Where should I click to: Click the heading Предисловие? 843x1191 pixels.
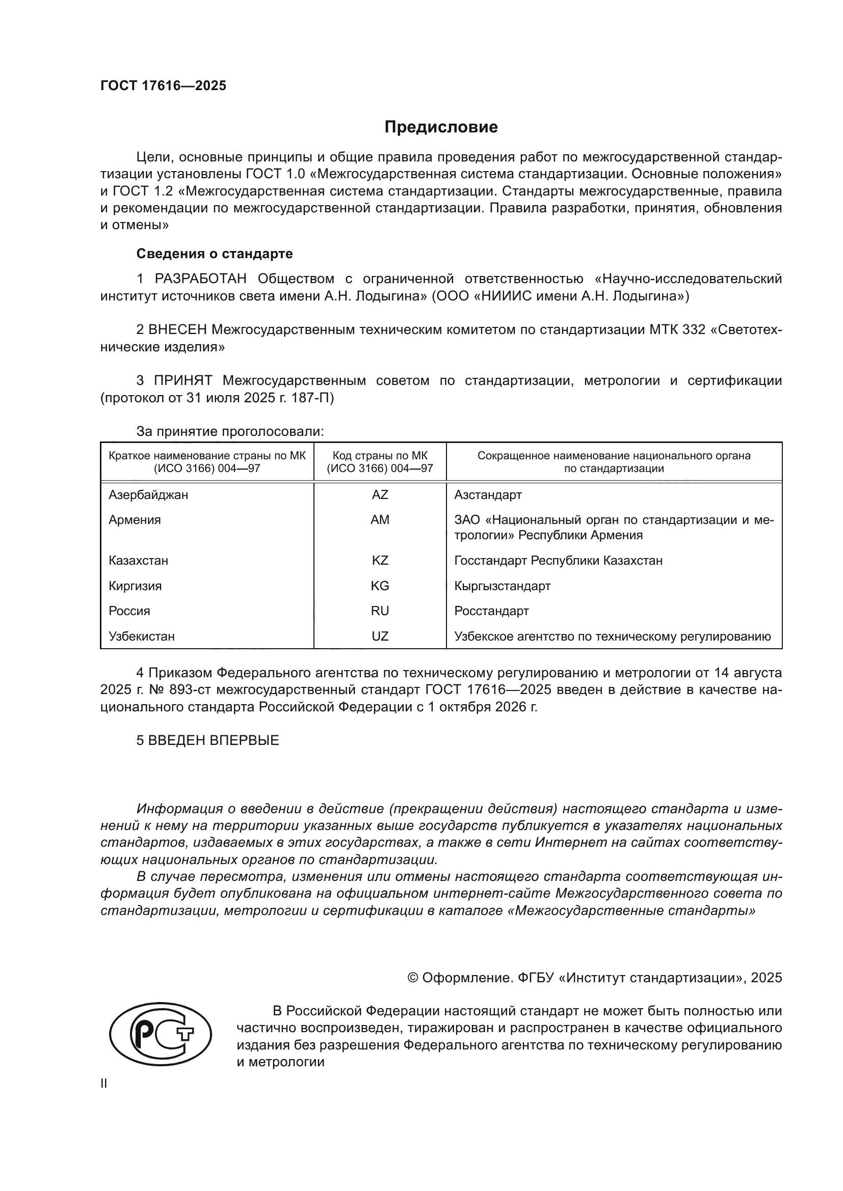(441, 127)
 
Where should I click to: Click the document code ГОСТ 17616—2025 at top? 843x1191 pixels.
(163, 86)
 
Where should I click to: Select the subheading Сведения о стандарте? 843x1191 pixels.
(215, 254)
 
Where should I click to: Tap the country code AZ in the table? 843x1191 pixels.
(380, 495)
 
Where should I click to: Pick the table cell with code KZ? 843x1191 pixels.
(380, 561)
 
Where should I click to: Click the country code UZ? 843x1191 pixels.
(380, 636)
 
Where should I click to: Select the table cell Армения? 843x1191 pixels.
(135, 520)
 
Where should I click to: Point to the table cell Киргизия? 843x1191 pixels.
(135, 586)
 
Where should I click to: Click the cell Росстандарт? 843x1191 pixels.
(491, 611)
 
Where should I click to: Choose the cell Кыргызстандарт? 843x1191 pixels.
(502, 586)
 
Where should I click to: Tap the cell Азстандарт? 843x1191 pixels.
(488, 495)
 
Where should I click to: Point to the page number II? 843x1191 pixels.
(104, 1084)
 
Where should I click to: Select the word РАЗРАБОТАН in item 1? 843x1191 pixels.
(200, 279)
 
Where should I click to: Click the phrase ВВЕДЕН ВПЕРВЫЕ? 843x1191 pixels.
(214, 740)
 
